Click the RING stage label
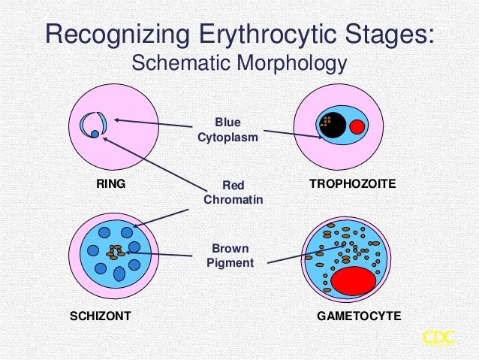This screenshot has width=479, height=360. [x=110, y=183]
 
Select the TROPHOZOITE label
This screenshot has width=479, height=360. [x=352, y=183]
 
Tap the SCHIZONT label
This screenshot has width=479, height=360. [x=100, y=316]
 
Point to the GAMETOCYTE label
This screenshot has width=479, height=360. [x=359, y=316]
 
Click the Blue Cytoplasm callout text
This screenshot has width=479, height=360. [x=227, y=129]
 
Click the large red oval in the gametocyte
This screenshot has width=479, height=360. [x=354, y=280]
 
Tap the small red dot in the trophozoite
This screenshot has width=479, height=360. [x=357, y=126]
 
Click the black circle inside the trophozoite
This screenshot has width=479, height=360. [x=332, y=123]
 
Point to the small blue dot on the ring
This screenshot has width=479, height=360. [x=95, y=134]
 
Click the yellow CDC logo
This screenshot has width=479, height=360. [x=438, y=337]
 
